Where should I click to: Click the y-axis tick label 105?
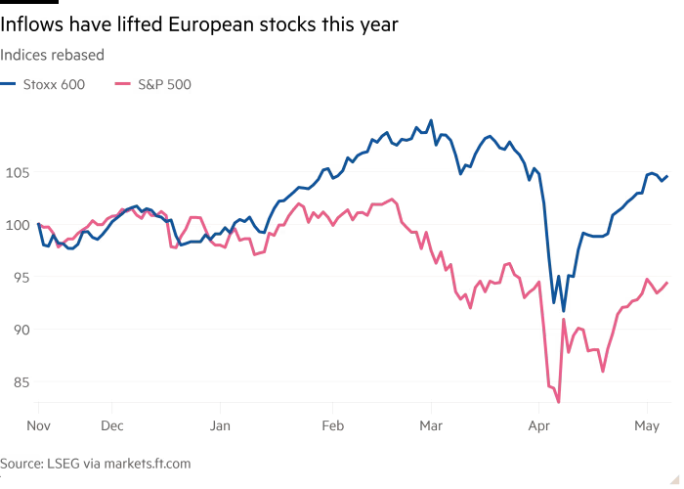[x=17, y=173]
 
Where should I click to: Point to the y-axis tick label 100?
[x=17, y=225]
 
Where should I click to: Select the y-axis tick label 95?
[x=21, y=278]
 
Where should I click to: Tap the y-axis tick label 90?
[x=21, y=331]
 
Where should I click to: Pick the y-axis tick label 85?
[x=21, y=382]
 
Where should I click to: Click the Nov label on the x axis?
[x=38, y=425]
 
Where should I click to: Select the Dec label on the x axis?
[x=112, y=425]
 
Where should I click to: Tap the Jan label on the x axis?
[x=220, y=425]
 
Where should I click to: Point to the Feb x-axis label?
[x=333, y=425]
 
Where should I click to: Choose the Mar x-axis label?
[x=431, y=425]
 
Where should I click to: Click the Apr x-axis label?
[x=539, y=426]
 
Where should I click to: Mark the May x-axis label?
[x=647, y=426]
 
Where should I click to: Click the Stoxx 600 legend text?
[x=54, y=84]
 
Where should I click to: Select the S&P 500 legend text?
[x=164, y=84]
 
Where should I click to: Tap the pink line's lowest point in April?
[x=559, y=402]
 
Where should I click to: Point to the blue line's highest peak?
[x=431, y=120]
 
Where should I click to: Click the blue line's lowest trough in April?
[x=564, y=310]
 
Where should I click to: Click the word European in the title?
[x=211, y=24]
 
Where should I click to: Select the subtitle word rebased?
[x=78, y=55]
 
